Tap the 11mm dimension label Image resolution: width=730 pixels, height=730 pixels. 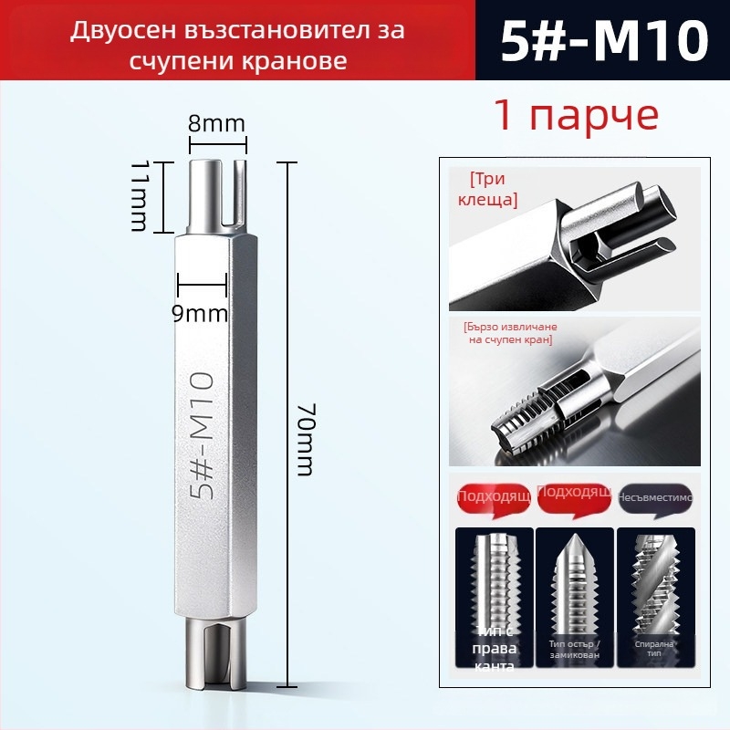(x=140, y=196)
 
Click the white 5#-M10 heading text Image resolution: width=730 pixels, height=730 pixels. (x=605, y=41)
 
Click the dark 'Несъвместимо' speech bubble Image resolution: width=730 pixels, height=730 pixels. (x=656, y=497)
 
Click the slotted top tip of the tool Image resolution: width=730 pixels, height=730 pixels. (x=219, y=192)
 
